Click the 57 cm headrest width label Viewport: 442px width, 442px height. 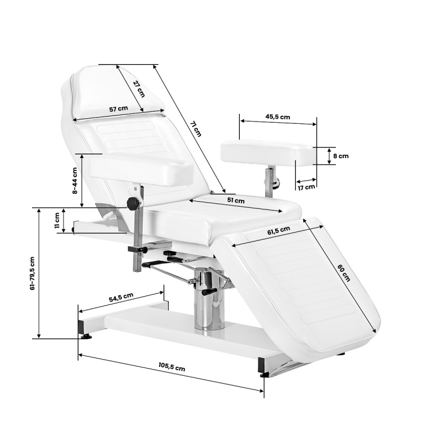pyautogui.click(x=118, y=109)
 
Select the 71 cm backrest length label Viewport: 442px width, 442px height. pyautogui.click(x=195, y=129)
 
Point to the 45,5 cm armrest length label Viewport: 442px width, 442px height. pyautogui.click(x=277, y=117)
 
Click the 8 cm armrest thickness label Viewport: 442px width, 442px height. pyautogui.click(x=341, y=156)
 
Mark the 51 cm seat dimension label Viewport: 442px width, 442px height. pyautogui.click(x=236, y=201)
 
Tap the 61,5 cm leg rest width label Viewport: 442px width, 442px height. pyautogui.click(x=278, y=230)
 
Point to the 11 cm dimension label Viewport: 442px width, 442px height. pyautogui.click(x=57, y=220)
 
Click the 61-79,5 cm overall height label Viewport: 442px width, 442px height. pyautogui.click(x=32, y=273)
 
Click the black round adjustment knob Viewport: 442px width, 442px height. pyautogui.click(x=133, y=204)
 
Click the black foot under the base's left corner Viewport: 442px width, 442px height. pyautogui.click(x=86, y=335)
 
